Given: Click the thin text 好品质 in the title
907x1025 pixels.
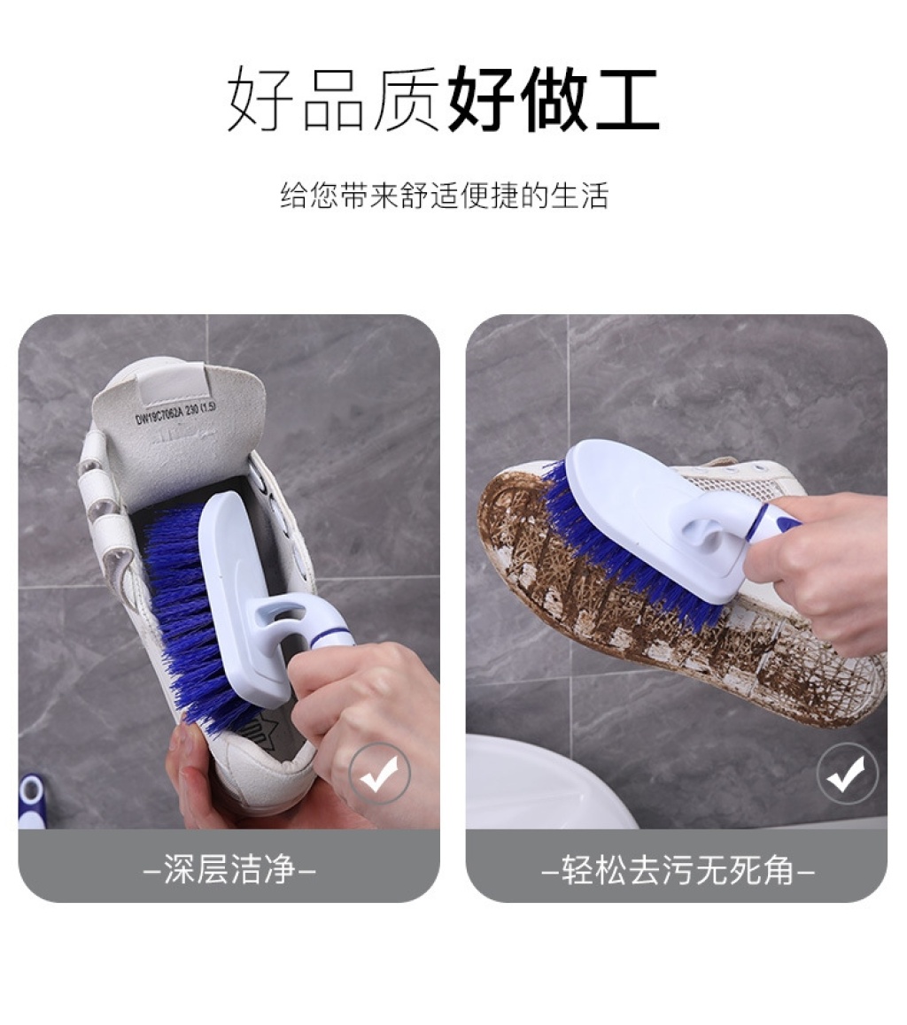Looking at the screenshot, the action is click(x=334, y=99).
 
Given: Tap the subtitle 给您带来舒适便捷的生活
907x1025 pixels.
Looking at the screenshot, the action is click(x=445, y=196).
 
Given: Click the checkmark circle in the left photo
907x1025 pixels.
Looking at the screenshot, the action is click(x=379, y=774).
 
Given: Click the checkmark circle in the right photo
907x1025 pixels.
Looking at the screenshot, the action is click(x=848, y=774).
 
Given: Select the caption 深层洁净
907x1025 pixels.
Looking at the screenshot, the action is click(x=229, y=869).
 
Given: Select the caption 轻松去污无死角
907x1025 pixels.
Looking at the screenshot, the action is click(x=678, y=869).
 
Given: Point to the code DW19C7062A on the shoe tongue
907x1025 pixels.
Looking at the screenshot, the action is click(x=161, y=413).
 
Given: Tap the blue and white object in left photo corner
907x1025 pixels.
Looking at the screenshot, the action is click(x=30, y=801).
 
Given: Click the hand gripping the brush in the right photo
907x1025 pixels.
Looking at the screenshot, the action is click(x=821, y=569).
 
